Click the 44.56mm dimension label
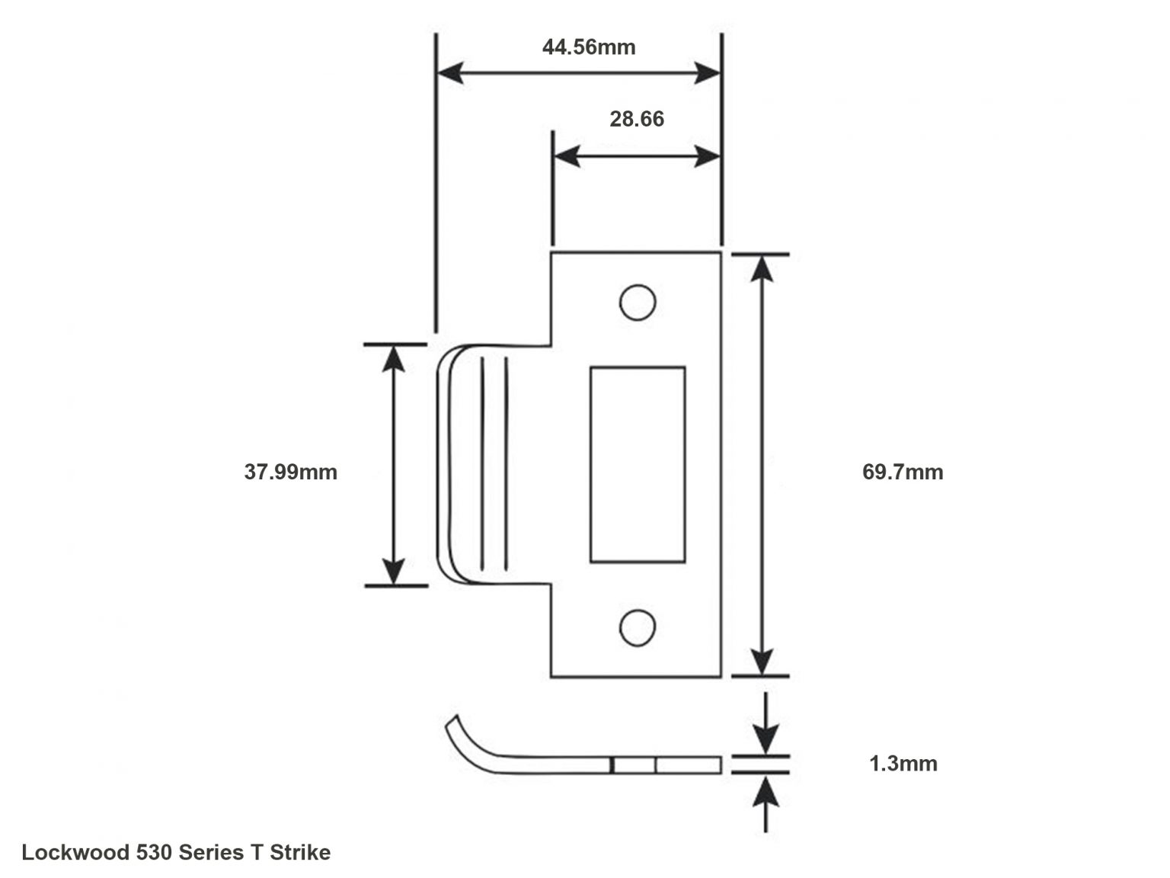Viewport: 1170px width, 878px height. (x=588, y=47)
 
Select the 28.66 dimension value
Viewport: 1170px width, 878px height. (x=636, y=119)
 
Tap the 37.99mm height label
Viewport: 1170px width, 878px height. (x=290, y=472)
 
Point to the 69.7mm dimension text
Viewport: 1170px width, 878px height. (x=902, y=472)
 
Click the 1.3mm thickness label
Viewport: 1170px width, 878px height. (x=903, y=763)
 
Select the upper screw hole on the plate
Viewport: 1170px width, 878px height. (x=638, y=303)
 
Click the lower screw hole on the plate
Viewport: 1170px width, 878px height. (x=638, y=627)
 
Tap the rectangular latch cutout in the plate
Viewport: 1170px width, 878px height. (x=638, y=465)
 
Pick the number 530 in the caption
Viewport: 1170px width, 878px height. (x=155, y=852)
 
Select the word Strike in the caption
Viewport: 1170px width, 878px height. (x=300, y=852)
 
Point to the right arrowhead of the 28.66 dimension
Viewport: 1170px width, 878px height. (x=708, y=157)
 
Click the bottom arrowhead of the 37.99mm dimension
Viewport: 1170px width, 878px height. (x=393, y=572)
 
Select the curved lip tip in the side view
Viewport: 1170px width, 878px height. (x=452, y=723)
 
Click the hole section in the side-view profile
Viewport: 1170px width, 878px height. (x=634, y=765)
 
